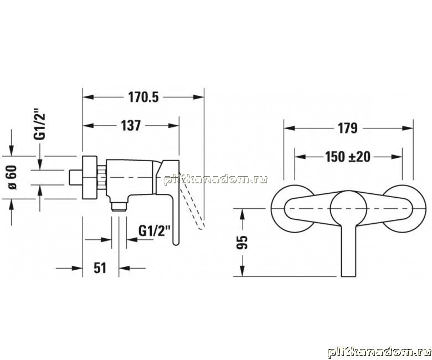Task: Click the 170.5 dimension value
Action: [144, 97]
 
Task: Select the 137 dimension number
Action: [131, 126]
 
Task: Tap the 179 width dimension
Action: [348, 128]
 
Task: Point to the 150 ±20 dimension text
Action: [348, 157]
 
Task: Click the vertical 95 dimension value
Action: [243, 243]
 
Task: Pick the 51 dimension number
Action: [100, 268]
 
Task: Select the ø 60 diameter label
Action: [12, 177]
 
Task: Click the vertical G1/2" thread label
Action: [40, 125]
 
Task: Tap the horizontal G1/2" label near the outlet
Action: [155, 230]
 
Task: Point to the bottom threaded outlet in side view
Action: [119, 206]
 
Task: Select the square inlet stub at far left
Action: [75, 177]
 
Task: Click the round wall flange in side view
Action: [90, 177]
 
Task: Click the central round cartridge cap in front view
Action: [348, 208]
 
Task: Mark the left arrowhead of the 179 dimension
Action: [290, 128]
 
